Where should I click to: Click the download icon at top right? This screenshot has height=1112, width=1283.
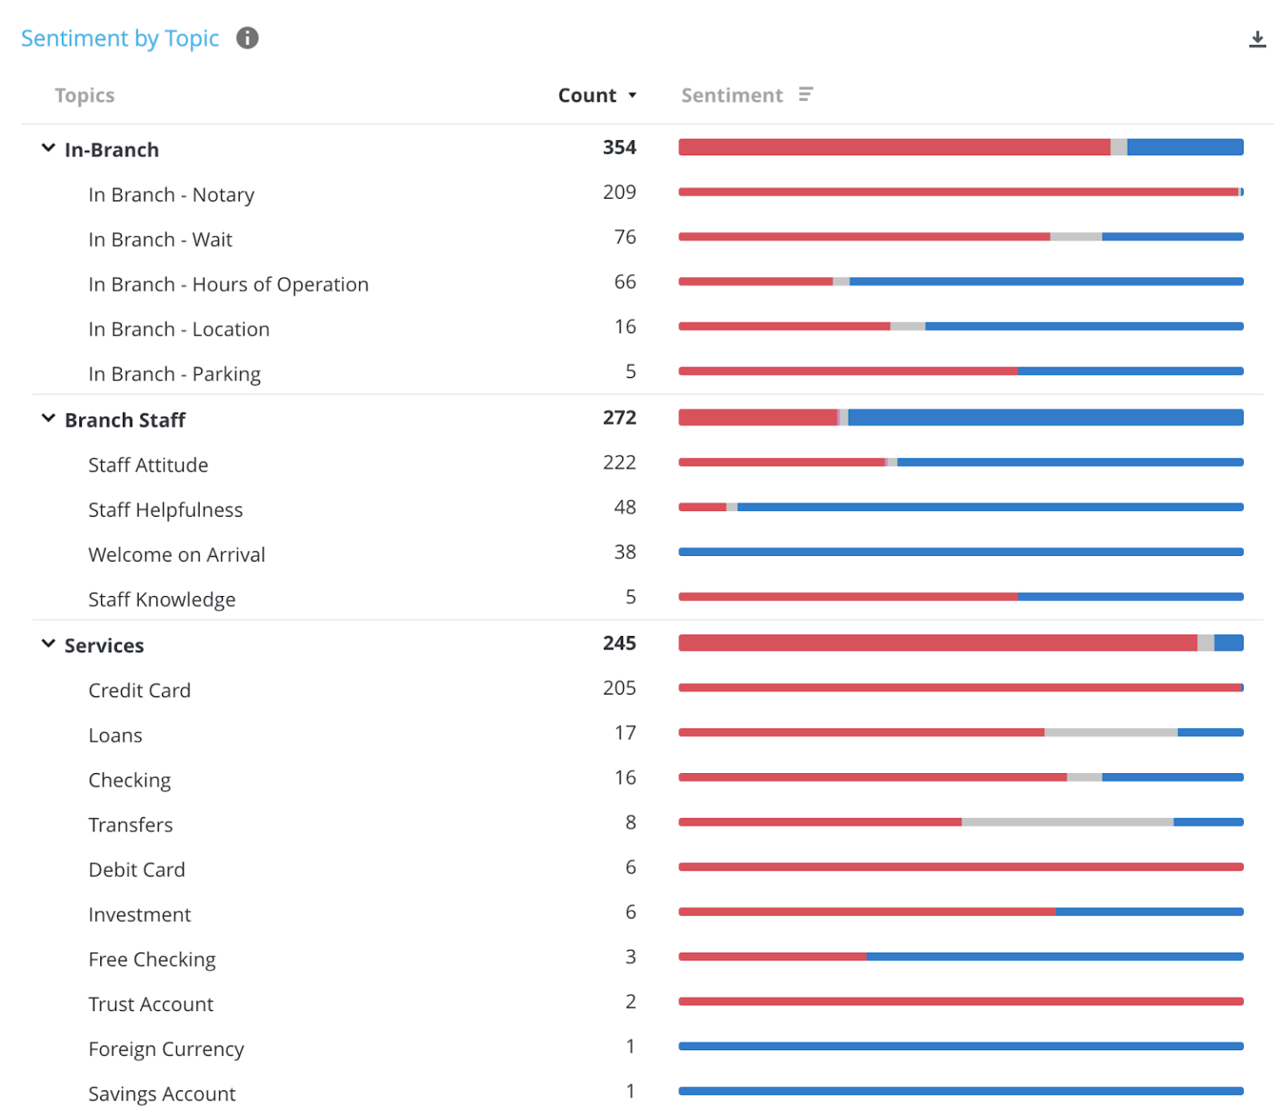(1256, 39)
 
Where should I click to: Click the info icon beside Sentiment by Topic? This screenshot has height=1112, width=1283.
(247, 38)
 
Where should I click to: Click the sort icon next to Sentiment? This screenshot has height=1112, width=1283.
(805, 95)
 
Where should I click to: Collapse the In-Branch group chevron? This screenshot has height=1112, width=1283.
(48, 149)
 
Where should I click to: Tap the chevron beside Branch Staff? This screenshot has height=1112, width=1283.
(48, 419)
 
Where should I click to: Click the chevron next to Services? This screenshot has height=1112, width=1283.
(48, 644)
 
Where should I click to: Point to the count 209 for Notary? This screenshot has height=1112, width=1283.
(619, 193)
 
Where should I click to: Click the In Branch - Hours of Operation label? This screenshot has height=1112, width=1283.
(228, 285)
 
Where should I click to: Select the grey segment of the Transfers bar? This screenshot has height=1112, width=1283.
(1067, 822)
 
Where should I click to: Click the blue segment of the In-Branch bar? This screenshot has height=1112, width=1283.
(1184, 148)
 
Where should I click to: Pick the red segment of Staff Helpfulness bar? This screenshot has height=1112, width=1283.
(702, 508)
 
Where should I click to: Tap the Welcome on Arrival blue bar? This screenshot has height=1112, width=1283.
(961, 552)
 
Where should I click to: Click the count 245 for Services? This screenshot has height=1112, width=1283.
(619, 644)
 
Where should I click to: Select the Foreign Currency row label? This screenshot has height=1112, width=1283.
(166, 1049)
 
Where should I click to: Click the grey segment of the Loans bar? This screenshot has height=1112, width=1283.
(1110, 733)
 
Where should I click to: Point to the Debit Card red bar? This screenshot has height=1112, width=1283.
(961, 867)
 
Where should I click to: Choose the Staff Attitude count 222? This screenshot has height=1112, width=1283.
(619, 463)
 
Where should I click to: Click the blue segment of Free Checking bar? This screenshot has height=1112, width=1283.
(1054, 957)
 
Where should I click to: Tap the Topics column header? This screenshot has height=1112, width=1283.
(84, 96)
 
